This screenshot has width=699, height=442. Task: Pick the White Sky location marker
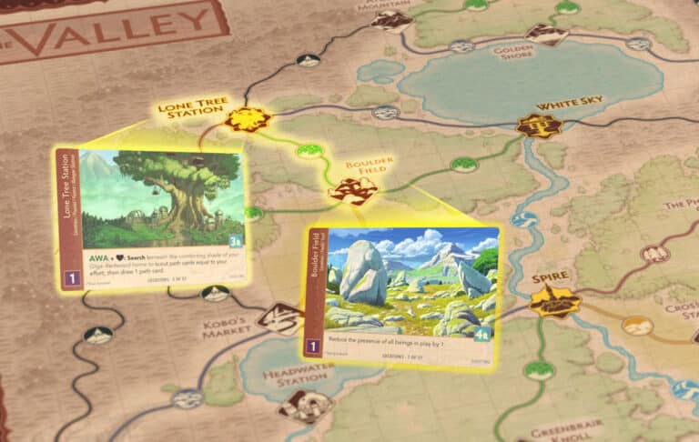537,126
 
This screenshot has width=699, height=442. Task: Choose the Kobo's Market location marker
279,318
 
